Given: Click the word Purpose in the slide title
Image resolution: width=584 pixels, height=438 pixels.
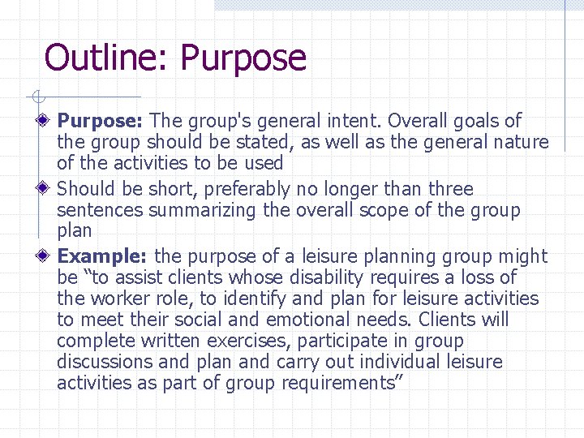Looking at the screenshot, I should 243,58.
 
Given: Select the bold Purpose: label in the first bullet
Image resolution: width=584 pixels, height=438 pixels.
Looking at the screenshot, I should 100,122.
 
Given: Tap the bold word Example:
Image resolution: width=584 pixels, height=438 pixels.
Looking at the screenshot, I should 101,257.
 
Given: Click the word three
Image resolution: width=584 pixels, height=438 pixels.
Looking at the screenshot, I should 450,189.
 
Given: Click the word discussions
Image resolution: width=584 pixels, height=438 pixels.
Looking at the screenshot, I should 101,362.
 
